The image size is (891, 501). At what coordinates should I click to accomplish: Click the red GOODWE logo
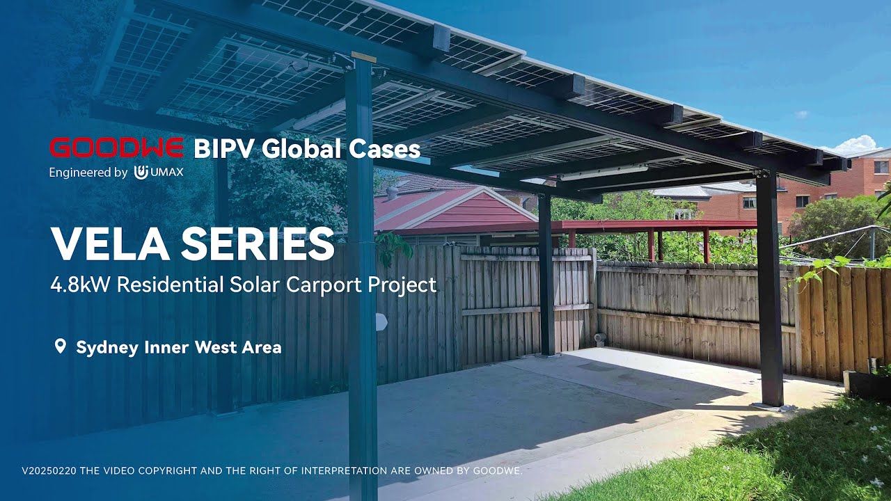coord(116,148)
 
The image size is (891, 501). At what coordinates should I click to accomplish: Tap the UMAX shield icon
coord(141,173)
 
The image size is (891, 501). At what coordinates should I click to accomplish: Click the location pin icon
coord(60,347)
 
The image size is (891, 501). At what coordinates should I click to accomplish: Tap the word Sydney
coord(107,347)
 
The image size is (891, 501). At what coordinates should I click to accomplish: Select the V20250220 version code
coord(49,471)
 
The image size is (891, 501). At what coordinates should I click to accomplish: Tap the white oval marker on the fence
coord(380,321)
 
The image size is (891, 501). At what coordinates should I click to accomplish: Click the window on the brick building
coord(880,167)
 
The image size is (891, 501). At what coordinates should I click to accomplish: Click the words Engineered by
coord(88,173)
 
